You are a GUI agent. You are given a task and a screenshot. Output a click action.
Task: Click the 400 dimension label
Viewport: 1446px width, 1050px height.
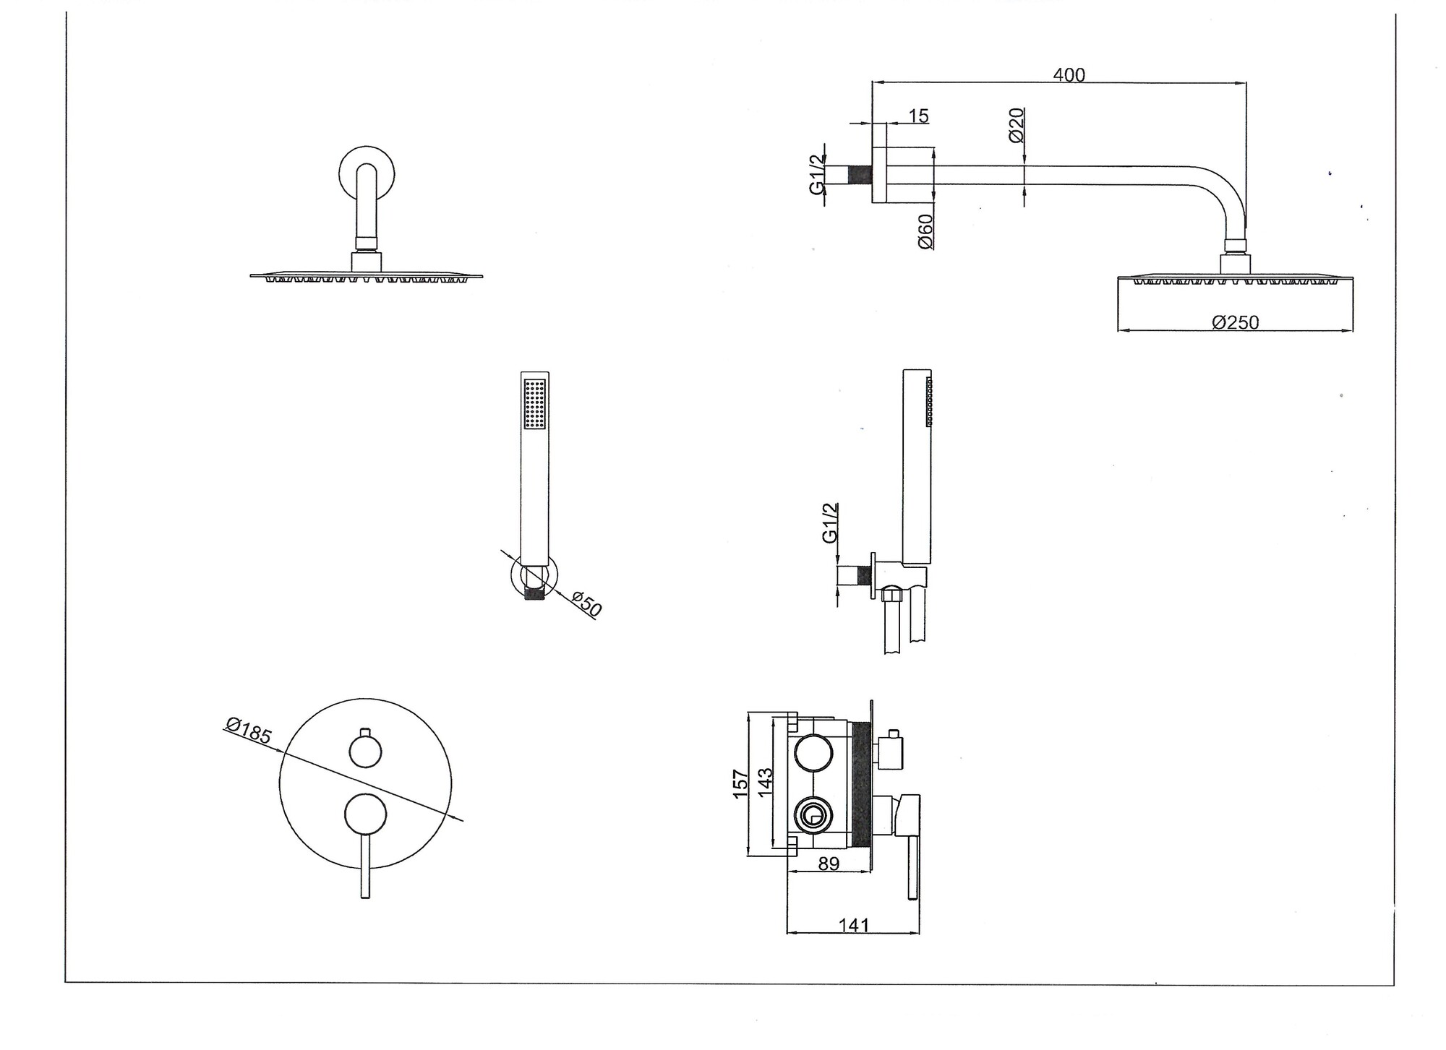[x=1069, y=75]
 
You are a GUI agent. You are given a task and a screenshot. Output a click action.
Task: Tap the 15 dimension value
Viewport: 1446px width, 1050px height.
[x=918, y=116]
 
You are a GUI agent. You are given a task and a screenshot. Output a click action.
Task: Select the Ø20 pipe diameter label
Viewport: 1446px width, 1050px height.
[x=1016, y=126]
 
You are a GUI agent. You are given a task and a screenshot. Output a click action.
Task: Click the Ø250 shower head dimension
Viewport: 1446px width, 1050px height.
[x=1235, y=322]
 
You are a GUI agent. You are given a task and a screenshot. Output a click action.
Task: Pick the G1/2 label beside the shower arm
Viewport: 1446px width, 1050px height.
[x=816, y=174]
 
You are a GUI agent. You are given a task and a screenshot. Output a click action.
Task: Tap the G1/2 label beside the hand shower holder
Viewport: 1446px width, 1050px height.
[x=830, y=522]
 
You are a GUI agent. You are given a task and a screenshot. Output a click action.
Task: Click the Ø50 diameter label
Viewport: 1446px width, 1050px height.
[x=586, y=604]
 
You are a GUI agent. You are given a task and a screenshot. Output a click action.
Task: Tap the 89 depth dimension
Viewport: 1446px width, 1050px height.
[x=829, y=864]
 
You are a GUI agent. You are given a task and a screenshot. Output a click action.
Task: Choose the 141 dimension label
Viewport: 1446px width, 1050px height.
[x=853, y=925]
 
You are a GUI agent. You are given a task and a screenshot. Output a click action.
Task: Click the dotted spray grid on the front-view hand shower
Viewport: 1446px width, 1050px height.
[x=535, y=405]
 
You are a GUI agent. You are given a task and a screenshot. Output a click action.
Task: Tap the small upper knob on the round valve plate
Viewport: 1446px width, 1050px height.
[x=365, y=752]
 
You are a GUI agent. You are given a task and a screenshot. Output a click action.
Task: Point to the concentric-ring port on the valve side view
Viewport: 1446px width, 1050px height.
[x=813, y=817]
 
